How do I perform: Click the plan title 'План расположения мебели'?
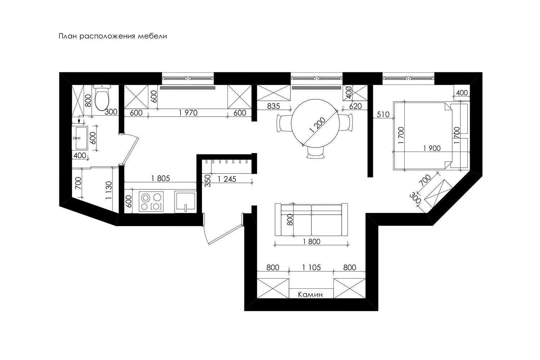113,36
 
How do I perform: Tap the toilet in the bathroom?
102,98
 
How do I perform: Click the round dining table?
315,123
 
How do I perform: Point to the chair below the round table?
315,153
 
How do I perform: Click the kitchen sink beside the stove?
185,202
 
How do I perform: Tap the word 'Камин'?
310,294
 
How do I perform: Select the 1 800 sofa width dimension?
311,241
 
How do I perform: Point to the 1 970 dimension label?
188,113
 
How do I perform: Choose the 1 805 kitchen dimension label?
161,179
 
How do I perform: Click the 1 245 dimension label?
227,179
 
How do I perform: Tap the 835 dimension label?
273,106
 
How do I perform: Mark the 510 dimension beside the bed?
383,114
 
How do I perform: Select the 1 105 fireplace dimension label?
311,267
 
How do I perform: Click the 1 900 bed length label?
432,148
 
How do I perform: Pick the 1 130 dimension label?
109,190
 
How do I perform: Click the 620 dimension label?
355,106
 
